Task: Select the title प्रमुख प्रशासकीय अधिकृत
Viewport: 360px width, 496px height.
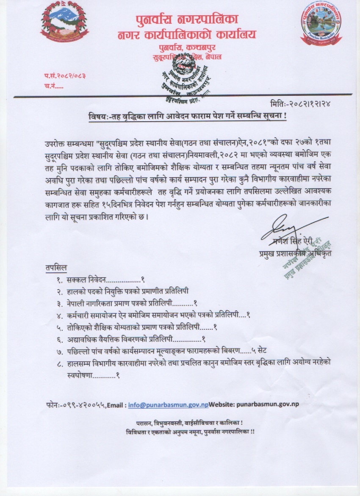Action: [296, 254]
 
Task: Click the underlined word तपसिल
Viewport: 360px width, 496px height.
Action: [55, 268]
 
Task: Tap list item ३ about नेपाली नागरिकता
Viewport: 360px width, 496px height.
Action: [127, 304]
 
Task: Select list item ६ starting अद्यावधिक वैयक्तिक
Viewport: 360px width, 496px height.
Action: [131, 339]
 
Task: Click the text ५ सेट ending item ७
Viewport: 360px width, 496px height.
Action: [265, 351]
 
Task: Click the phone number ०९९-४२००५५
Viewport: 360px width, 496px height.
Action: [81, 404]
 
